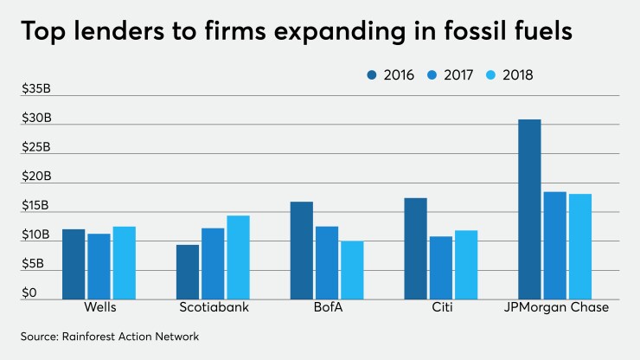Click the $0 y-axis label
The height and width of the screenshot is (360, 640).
click(x=29, y=293)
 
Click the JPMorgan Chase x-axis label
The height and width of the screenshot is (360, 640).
click(x=554, y=308)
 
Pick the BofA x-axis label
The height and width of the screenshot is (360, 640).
click(x=326, y=308)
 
